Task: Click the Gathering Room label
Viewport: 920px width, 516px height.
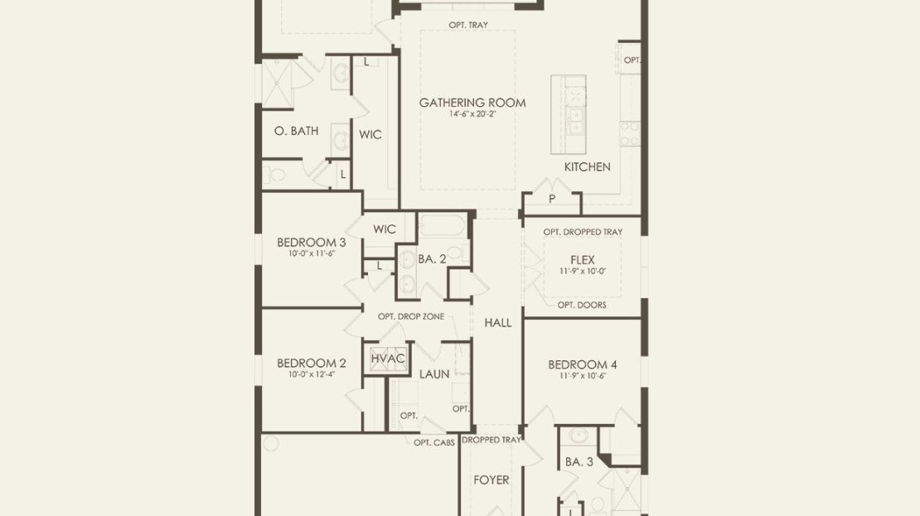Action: [472, 103]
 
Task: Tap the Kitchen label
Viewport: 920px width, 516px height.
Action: [588, 167]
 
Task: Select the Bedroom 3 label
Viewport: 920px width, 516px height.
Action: [312, 242]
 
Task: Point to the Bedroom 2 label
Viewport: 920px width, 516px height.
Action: [312, 363]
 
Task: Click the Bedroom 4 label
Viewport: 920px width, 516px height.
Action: [583, 364]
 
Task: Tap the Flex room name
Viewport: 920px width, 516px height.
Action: [583, 260]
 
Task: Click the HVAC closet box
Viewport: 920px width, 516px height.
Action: [388, 359]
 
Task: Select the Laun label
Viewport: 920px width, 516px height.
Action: [434, 374]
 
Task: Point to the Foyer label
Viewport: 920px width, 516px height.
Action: [491, 480]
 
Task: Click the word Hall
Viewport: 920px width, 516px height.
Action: [497, 322]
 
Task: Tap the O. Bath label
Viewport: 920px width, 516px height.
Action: [296, 131]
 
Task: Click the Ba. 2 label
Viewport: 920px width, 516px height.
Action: [432, 259]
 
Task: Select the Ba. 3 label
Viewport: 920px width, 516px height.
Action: [579, 462]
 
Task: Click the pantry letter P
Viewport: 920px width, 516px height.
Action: [551, 200]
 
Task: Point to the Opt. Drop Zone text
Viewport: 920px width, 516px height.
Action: [411, 316]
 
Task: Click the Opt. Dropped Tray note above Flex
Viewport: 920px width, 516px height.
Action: [583, 232]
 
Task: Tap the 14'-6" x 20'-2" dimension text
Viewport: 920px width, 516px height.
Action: [472, 114]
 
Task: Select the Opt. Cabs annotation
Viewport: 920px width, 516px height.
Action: [434, 443]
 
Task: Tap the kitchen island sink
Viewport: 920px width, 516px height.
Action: [575, 122]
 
